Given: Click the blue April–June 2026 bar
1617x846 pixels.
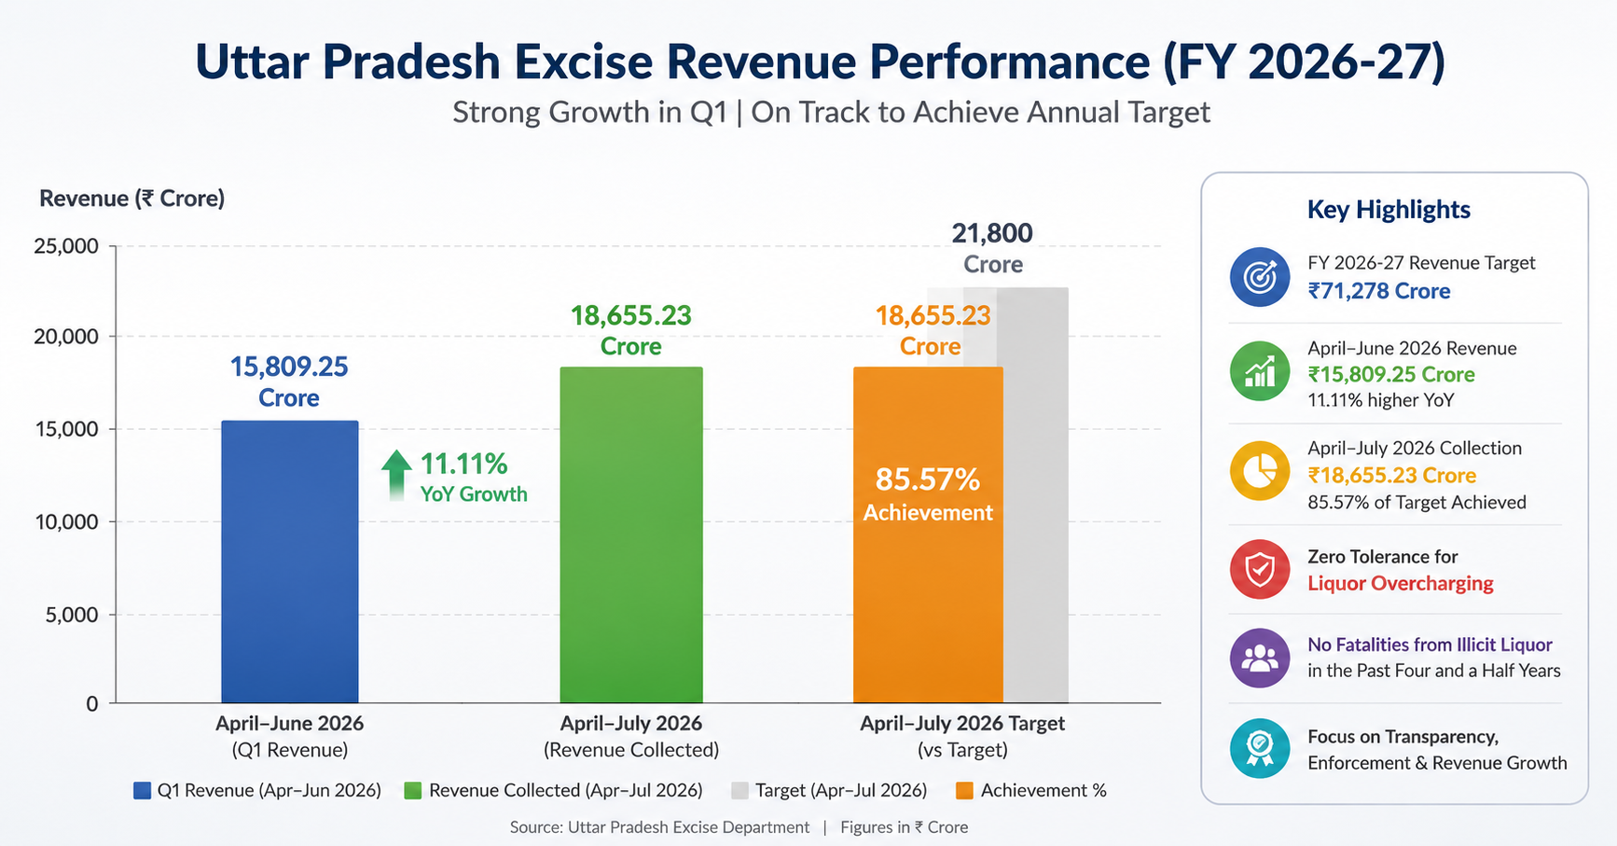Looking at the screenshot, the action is pyautogui.click(x=290, y=562).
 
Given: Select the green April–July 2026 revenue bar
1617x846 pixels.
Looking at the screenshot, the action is pyautogui.click(x=631, y=534).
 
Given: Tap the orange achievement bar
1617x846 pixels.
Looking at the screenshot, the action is pyautogui.click(x=928, y=534).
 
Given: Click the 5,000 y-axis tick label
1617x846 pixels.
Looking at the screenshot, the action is pyautogui.click(x=72, y=615).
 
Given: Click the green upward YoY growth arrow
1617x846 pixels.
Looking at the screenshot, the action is pyautogui.click(x=396, y=475).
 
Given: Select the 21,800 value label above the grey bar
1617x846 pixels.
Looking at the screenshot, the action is pyautogui.click(x=992, y=233).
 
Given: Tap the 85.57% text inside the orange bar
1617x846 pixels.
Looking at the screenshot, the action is pyautogui.click(x=928, y=479).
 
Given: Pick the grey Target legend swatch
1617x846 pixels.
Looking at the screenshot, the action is pyautogui.click(x=740, y=791).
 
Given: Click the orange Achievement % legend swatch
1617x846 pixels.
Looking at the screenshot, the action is pyautogui.click(x=965, y=791).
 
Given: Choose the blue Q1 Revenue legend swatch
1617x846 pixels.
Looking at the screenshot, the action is pyautogui.click(x=142, y=791).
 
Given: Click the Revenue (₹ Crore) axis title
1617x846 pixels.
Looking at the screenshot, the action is pyautogui.click(x=132, y=199).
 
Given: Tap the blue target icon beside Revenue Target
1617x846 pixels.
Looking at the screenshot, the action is pyautogui.click(x=1260, y=277).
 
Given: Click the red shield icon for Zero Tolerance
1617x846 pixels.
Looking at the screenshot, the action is pyautogui.click(x=1260, y=569).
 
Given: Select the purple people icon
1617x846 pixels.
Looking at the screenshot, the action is pyautogui.click(x=1260, y=658).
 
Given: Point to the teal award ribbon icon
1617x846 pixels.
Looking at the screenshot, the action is pyautogui.click(x=1260, y=748).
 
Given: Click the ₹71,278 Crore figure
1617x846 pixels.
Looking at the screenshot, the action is pyautogui.click(x=1379, y=291).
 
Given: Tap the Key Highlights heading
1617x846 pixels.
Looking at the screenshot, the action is pyautogui.click(x=1389, y=210).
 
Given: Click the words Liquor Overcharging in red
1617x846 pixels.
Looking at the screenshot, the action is pyautogui.click(x=1401, y=584).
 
